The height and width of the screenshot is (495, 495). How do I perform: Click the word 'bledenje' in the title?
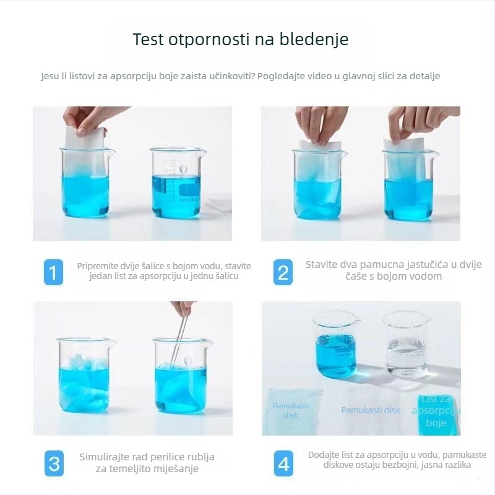314,40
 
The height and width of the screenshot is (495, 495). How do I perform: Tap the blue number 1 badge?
53,272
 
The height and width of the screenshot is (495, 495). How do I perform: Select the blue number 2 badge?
283,272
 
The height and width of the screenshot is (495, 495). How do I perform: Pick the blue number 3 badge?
54,463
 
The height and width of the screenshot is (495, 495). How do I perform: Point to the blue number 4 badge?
283,463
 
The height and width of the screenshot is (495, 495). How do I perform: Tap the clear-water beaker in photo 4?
407,345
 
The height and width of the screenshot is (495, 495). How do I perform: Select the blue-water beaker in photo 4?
336,345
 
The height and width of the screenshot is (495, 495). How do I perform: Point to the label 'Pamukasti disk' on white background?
371,410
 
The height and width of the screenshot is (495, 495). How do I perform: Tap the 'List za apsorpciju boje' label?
436,411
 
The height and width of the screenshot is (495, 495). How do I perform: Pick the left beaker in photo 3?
85,375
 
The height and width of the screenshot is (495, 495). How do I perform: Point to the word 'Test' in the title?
148,40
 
